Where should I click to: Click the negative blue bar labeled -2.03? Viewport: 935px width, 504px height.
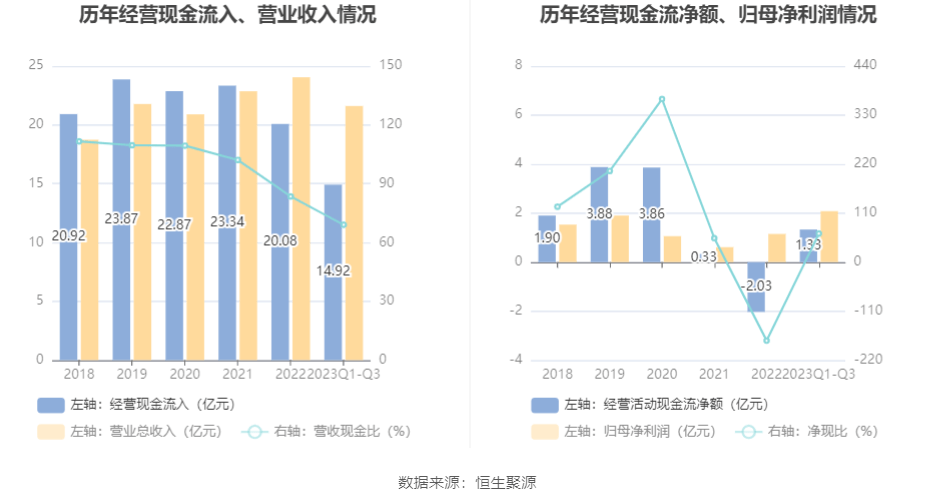(756, 287)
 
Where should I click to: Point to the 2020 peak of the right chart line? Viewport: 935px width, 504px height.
(662, 99)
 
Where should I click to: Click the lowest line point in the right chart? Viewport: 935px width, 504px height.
(767, 341)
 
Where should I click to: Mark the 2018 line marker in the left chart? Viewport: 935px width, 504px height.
(79, 141)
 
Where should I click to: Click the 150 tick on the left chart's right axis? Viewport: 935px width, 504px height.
(390, 65)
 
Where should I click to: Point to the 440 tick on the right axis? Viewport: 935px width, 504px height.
(865, 65)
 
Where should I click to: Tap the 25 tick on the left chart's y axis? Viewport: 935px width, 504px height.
(36, 65)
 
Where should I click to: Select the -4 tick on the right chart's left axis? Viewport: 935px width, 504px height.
(519, 360)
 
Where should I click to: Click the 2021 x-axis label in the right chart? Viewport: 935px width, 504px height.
(714, 374)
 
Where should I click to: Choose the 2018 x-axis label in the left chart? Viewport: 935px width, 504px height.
(79, 374)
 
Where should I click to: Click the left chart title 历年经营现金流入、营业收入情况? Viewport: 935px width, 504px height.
(214, 15)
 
